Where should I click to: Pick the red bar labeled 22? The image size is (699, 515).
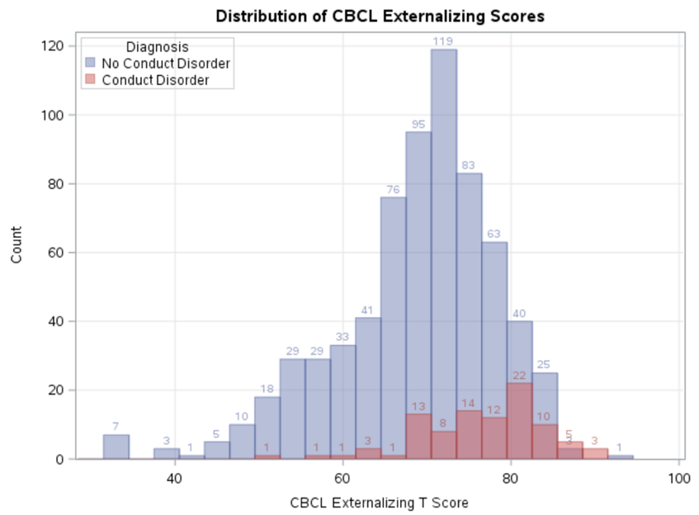(519, 421)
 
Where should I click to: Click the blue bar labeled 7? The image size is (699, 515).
(116, 446)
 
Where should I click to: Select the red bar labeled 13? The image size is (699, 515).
(418, 437)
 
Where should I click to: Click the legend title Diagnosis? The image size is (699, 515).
(156, 48)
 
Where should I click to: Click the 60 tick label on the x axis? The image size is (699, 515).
(342, 478)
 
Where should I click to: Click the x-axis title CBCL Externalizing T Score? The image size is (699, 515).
(379, 502)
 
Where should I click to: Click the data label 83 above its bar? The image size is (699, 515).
(468, 166)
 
